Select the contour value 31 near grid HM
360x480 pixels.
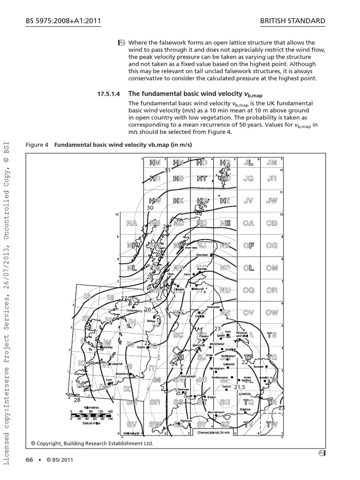(167, 170)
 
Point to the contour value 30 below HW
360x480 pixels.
(150, 207)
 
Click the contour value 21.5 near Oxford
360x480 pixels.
(240, 387)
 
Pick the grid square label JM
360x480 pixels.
(272, 163)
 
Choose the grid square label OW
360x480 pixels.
(272, 312)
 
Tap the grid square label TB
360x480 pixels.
(272, 335)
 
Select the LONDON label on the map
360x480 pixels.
(246, 394)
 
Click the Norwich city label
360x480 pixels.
(259, 367)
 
